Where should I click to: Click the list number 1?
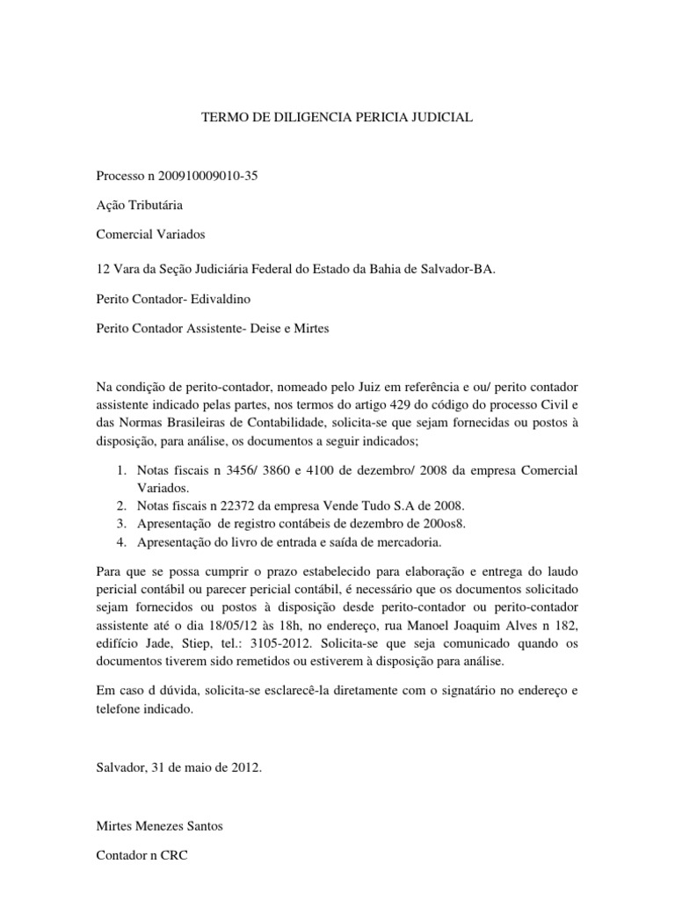pyautogui.click(x=121, y=470)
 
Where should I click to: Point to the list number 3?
pyautogui.click(x=121, y=525)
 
